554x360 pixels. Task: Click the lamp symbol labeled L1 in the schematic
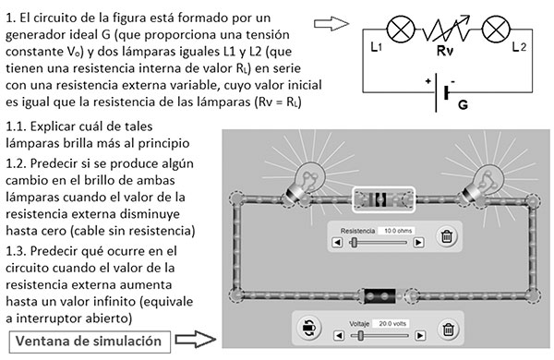point(401,29)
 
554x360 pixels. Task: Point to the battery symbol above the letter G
point(448,93)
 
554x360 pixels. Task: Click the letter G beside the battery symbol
point(463,104)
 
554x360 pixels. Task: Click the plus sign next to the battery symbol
point(428,81)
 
